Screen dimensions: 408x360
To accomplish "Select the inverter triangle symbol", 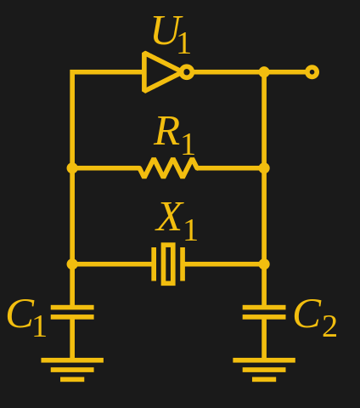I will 160,72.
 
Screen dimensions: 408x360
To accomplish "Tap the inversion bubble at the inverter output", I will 187,72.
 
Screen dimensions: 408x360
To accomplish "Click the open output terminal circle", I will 312,72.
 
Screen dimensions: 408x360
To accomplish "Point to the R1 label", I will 174,134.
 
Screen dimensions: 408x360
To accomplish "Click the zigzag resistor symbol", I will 168,168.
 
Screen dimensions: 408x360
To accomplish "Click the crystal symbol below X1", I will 168,263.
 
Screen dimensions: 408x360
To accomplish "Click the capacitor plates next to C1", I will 72,312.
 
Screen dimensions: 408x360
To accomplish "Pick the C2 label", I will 314,318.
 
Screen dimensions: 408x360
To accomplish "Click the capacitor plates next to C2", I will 264,312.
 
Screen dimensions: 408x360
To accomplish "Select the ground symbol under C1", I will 72,369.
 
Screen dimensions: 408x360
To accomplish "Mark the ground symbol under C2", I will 264,369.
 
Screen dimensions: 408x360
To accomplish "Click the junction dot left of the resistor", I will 72,168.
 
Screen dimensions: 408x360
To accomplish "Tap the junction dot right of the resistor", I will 264,168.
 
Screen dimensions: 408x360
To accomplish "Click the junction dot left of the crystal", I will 72,263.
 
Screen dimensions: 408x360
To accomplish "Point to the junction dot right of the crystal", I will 264,263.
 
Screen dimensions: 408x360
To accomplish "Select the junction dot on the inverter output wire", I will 264,72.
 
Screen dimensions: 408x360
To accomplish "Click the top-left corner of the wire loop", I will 72,72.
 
